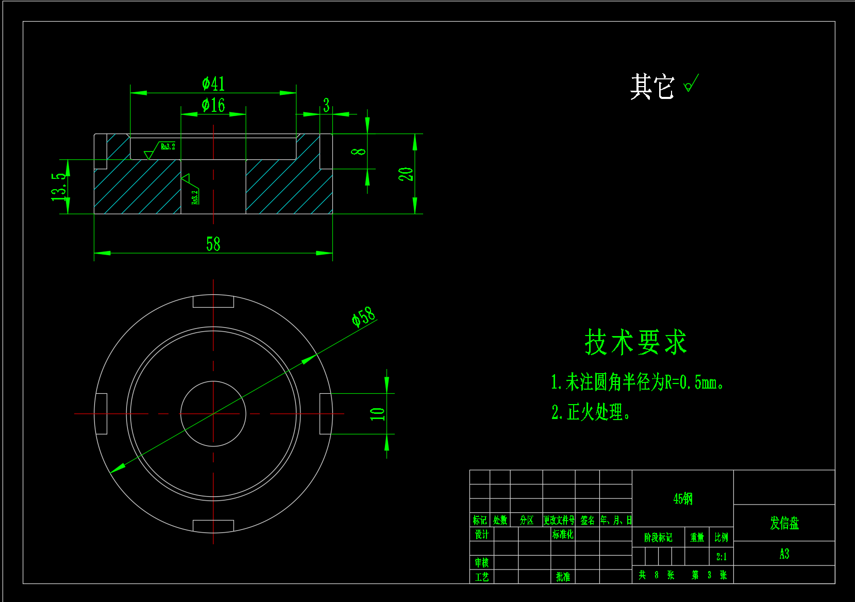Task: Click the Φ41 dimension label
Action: [x=213, y=83]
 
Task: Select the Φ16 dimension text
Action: [x=213, y=105]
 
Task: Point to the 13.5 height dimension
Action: [x=59, y=187]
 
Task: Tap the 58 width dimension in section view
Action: [x=213, y=244]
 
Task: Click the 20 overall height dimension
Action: [x=406, y=174]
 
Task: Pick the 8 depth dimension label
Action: [x=359, y=152]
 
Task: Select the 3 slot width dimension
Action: [x=326, y=105]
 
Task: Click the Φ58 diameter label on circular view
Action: [x=363, y=316]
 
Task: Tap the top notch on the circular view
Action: [x=213, y=302]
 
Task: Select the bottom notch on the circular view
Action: [x=213, y=525]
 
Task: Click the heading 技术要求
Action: [x=635, y=342]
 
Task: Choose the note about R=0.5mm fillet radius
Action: [x=637, y=382]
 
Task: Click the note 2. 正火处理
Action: [x=591, y=412]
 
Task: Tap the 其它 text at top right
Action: [x=652, y=86]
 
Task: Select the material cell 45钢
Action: [x=683, y=498]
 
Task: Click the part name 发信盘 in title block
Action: [x=784, y=523]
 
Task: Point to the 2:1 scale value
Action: [x=722, y=557]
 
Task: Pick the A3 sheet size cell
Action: [x=784, y=554]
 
